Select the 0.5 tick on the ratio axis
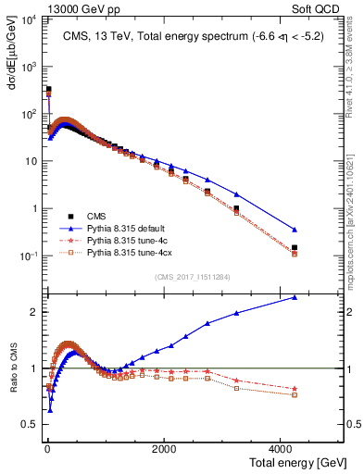(27, 426)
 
